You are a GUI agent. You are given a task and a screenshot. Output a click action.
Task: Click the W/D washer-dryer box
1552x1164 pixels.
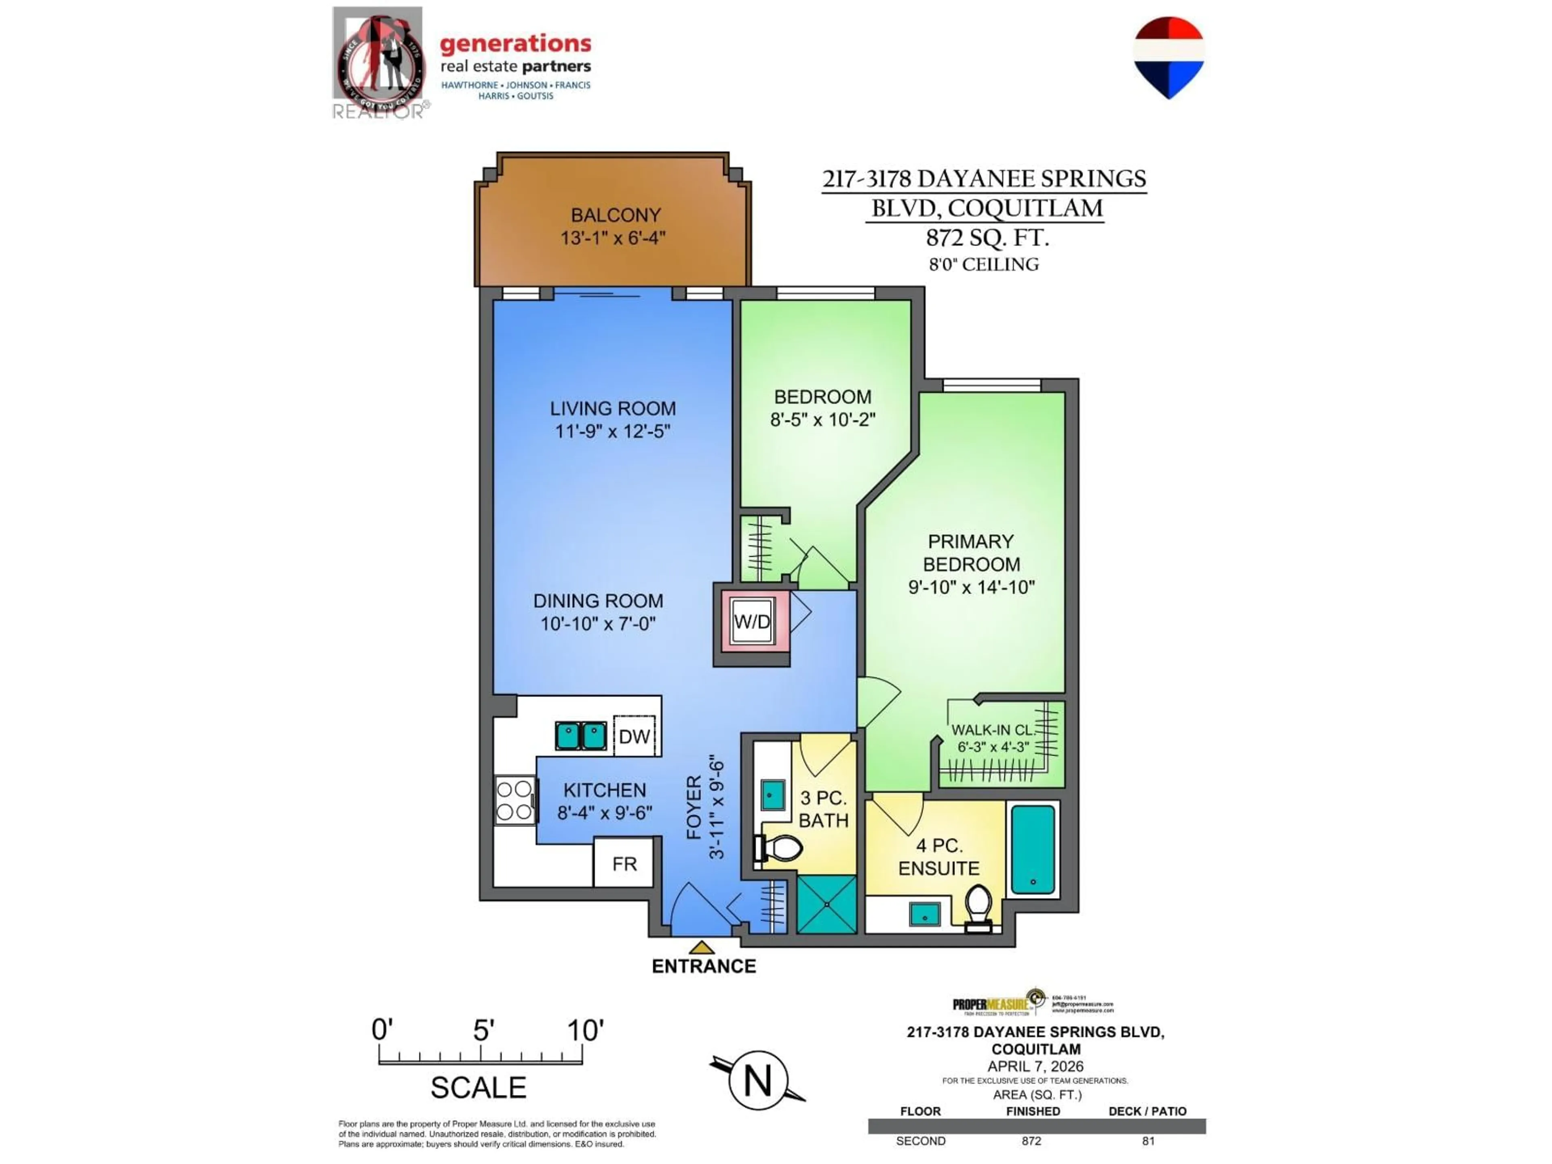pyautogui.click(x=751, y=621)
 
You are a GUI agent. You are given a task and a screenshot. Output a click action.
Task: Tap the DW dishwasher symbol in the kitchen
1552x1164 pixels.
pyautogui.click(x=634, y=736)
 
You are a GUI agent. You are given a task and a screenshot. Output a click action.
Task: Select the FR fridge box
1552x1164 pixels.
pyautogui.click(x=624, y=863)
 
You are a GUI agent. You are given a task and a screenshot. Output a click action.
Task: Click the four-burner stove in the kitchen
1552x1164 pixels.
pyautogui.click(x=514, y=800)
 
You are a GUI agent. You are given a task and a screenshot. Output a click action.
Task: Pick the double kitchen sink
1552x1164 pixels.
pyautogui.click(x=580, y=735)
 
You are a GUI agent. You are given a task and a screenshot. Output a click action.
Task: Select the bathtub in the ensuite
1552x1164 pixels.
pyautogui.click(x=1033, y=849)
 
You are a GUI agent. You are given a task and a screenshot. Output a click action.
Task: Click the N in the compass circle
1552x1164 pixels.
pyautogui.click(x=757, y=1080)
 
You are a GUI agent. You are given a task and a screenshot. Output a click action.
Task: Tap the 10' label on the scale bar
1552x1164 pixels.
pyautogui.click(x=584, y=1030)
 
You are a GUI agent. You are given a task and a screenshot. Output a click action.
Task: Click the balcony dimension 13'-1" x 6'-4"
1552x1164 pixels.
pyautogui.click(x=613, y=238)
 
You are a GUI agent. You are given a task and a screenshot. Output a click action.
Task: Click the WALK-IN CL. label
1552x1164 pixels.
pyautogui.click(x=993, y=730)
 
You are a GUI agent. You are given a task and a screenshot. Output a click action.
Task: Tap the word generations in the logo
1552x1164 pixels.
pyautogui.click(x=515, y=44)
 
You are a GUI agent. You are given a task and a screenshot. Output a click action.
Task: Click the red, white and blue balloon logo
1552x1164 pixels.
pyautogui.click(x=1168, y=56)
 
